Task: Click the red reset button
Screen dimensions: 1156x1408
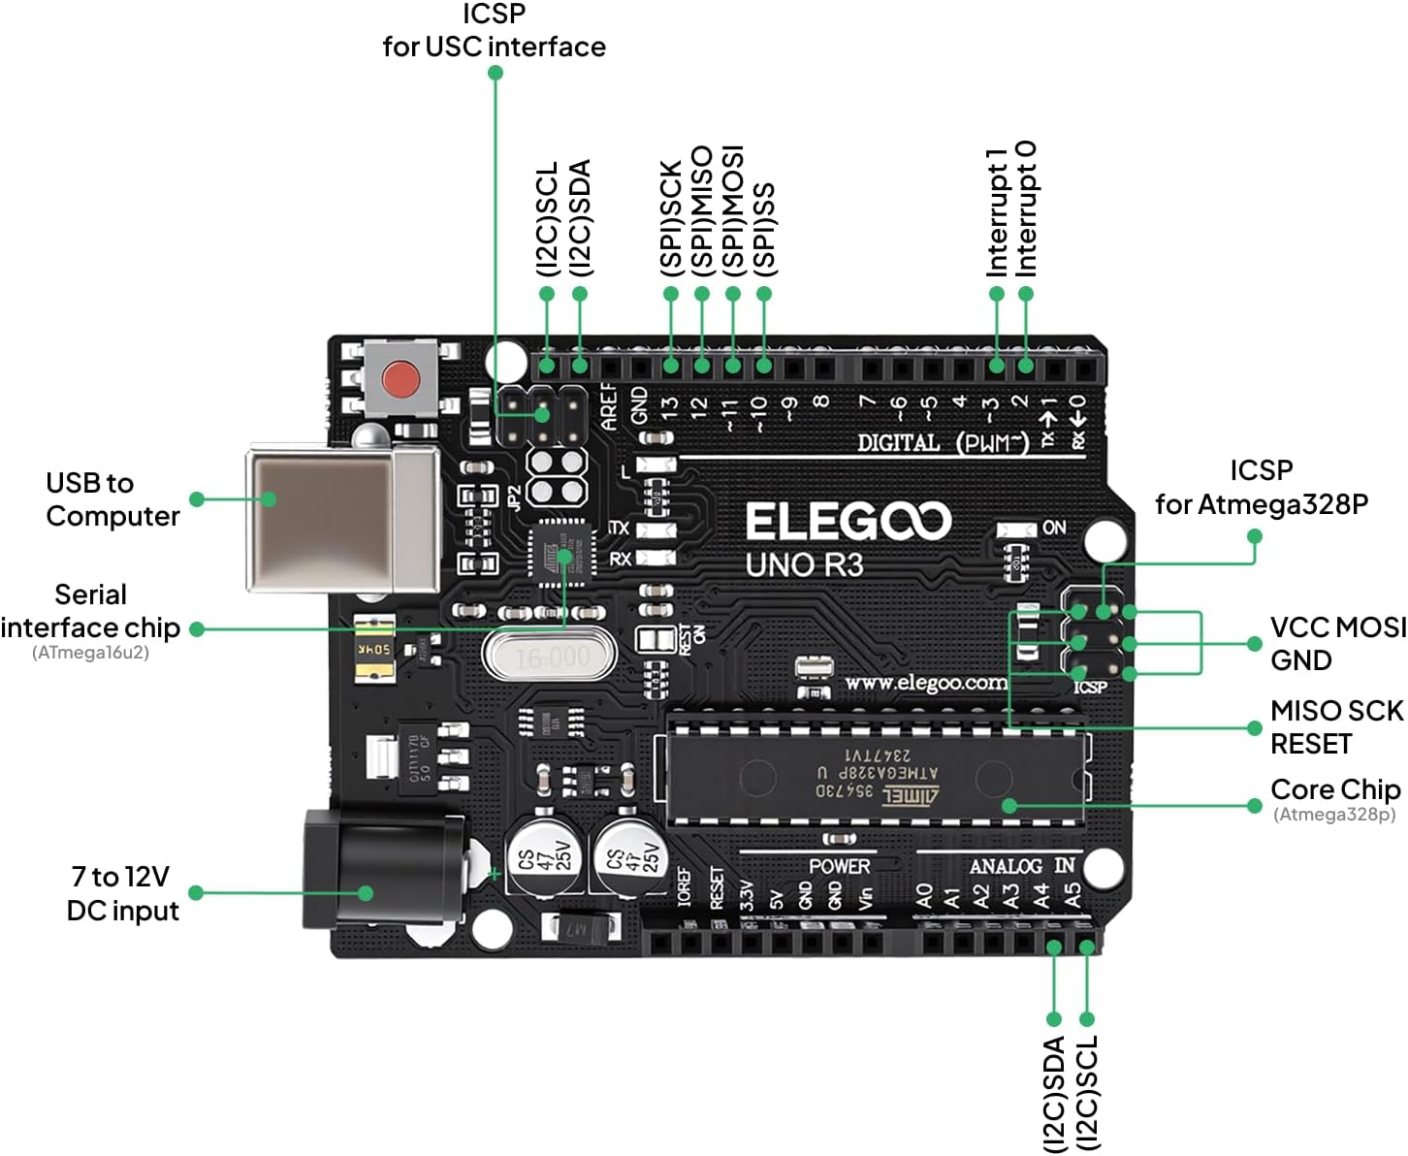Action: pos(400,379)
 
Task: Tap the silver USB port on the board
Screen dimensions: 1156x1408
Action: pos(339,519)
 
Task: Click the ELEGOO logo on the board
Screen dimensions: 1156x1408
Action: pos(848,522)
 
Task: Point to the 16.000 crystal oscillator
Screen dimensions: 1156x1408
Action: pos(551,658)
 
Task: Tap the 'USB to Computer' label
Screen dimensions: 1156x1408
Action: pos(112,499)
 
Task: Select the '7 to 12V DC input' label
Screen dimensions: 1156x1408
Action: pos(122,893)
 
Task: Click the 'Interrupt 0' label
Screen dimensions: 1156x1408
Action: pos(1027,209)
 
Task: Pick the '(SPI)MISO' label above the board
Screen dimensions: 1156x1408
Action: pos(702,210)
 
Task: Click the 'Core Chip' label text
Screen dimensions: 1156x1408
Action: pos(1334,789)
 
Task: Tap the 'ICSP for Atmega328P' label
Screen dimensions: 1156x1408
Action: pos(1261,487)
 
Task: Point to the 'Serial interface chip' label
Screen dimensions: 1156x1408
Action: pos(90,612)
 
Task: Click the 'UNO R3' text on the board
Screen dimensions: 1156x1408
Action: pos(804,564)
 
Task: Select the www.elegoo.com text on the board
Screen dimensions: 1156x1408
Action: pos(925,683)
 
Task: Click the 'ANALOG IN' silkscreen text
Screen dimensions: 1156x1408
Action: pos(1021,866)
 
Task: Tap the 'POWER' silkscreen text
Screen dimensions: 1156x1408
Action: pos(839,866)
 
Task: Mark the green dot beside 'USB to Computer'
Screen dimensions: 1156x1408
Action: pos(197,499)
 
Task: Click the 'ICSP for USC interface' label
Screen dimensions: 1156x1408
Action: pos(494,31)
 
